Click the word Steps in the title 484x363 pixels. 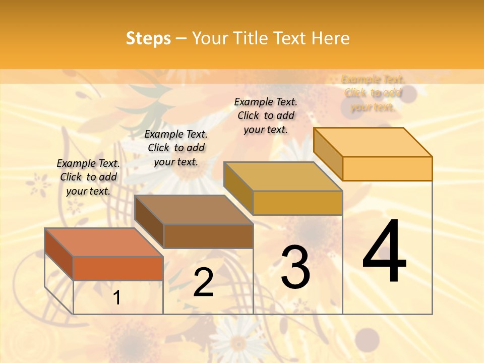click(x=148, y=39)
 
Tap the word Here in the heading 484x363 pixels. click(x=330, y=39)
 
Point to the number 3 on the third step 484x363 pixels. click(x=295, y=267)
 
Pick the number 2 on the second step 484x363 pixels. click(x=203, y=283)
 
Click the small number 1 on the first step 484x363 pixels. click(x=117, y=298)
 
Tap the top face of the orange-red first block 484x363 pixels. click(x=103, y=242)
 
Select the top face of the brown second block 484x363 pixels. click(x=194, y=209)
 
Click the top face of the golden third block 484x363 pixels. click(x=283, y=176)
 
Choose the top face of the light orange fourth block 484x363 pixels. click(x=373, y=142)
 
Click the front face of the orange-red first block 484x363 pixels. click(x=118, y=268)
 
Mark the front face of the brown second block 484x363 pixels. click(x=208, y=236)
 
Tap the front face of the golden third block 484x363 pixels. click(x=297, y=203)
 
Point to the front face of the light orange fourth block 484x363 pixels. click(x=387, y=168)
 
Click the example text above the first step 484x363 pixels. click(x=88, y=177)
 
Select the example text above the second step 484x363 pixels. click(x=176, y=148)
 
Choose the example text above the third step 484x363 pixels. click(x=266, y=115)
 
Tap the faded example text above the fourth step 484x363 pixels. click(x=373, y=93)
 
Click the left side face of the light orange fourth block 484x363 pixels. click(x=328, y=153)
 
